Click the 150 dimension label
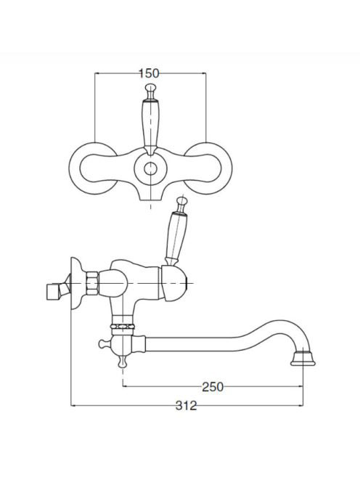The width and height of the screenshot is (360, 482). pyautogui.click(x=149, y=73)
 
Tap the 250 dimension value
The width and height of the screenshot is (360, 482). pyautogui.click(x=213, y=387)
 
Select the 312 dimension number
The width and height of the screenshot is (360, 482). pyautogui.click(x=186, y=406)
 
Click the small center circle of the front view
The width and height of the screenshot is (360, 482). pyautogui.click(x=150, y=168)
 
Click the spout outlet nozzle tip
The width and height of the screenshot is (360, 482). pyautogui.click(x=303, y=359)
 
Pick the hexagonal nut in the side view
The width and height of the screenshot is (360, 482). pyautogui.click(x=92, y=283)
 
